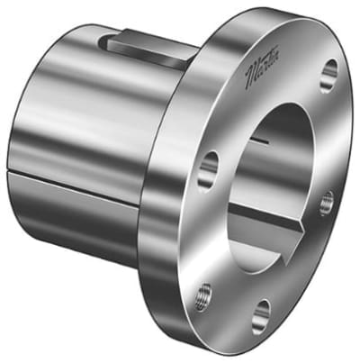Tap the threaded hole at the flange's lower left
(x=204, y=293)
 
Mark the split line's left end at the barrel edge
(x=11, y=168)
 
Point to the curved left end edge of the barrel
(x=11, y=135)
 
